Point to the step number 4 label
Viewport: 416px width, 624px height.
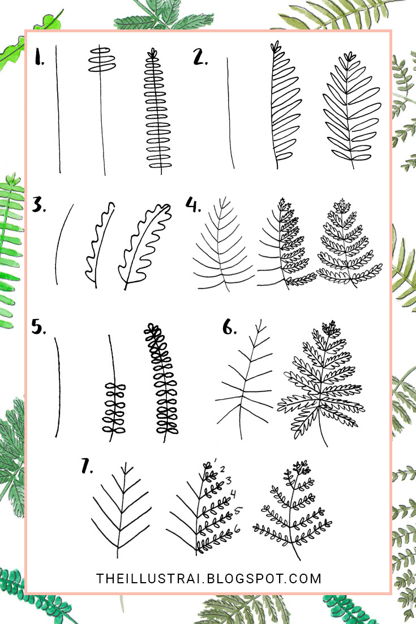point(194,205)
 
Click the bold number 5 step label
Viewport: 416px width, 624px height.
point(39,328)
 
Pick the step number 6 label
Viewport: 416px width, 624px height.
point(229,328)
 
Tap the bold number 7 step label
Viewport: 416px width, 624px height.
point(87,466)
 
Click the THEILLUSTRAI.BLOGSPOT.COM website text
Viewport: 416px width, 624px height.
point(209,579)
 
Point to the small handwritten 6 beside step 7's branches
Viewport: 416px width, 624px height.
point(237,528)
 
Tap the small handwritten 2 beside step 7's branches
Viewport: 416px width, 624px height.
point(222,469)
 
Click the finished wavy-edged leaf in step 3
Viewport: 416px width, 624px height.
point(144,243)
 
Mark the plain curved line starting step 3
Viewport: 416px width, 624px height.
point(63,243)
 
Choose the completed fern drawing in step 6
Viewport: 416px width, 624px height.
point(321,385)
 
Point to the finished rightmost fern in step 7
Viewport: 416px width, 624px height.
point(293,509)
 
